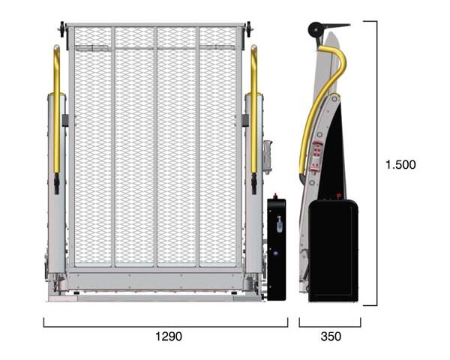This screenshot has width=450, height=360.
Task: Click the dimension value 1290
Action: [169, 336]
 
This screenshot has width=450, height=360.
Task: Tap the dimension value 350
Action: [331, 336]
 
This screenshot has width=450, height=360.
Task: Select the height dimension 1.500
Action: [400, 164]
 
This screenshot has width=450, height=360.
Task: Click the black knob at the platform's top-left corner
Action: [62, 29]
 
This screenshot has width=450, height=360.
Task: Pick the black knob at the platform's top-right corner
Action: [248, 29]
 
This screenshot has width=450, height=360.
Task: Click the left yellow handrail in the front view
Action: [56, 109]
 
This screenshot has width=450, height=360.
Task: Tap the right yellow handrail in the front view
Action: [254, 109]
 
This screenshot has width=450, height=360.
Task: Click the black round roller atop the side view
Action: [315, 29]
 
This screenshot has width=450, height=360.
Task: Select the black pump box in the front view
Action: [276, 249]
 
